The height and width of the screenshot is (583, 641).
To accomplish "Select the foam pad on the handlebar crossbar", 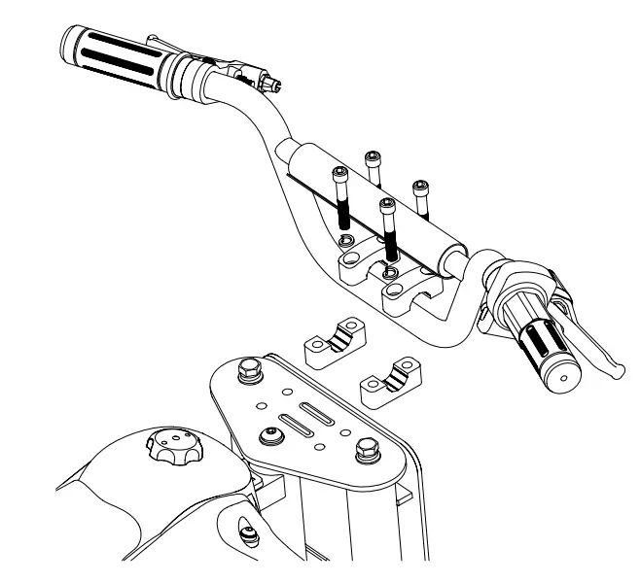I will [x=374, y=203].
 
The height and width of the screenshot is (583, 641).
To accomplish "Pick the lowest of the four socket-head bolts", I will [x=388, y=206].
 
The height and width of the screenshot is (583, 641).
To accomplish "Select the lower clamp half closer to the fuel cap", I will [x=331, y=342].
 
